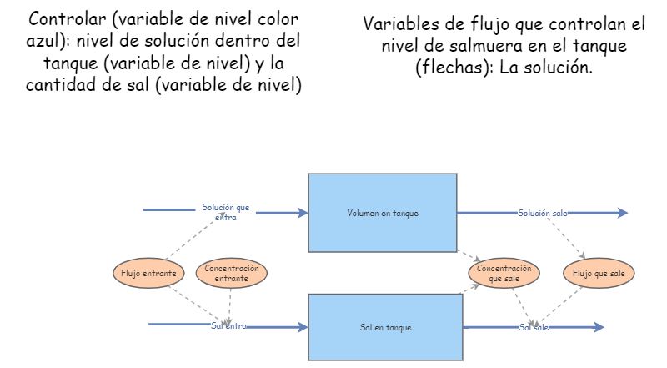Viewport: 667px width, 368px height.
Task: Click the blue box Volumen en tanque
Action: [x=383, y=213]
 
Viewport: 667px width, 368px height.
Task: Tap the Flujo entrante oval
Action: [x=148, y=273]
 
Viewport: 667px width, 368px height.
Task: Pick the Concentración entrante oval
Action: [x=231, y=274]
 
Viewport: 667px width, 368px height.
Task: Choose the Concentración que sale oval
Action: [x=504, y=273]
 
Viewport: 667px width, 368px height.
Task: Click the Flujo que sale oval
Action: [x=599, y=273]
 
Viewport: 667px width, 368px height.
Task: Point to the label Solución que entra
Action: [x=225, y=212]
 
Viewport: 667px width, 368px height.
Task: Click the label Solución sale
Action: [x=542, y=214]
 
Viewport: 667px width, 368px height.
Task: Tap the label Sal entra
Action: [x=228, y=326]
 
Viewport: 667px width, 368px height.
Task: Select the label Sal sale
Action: [x=534, y=328]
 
